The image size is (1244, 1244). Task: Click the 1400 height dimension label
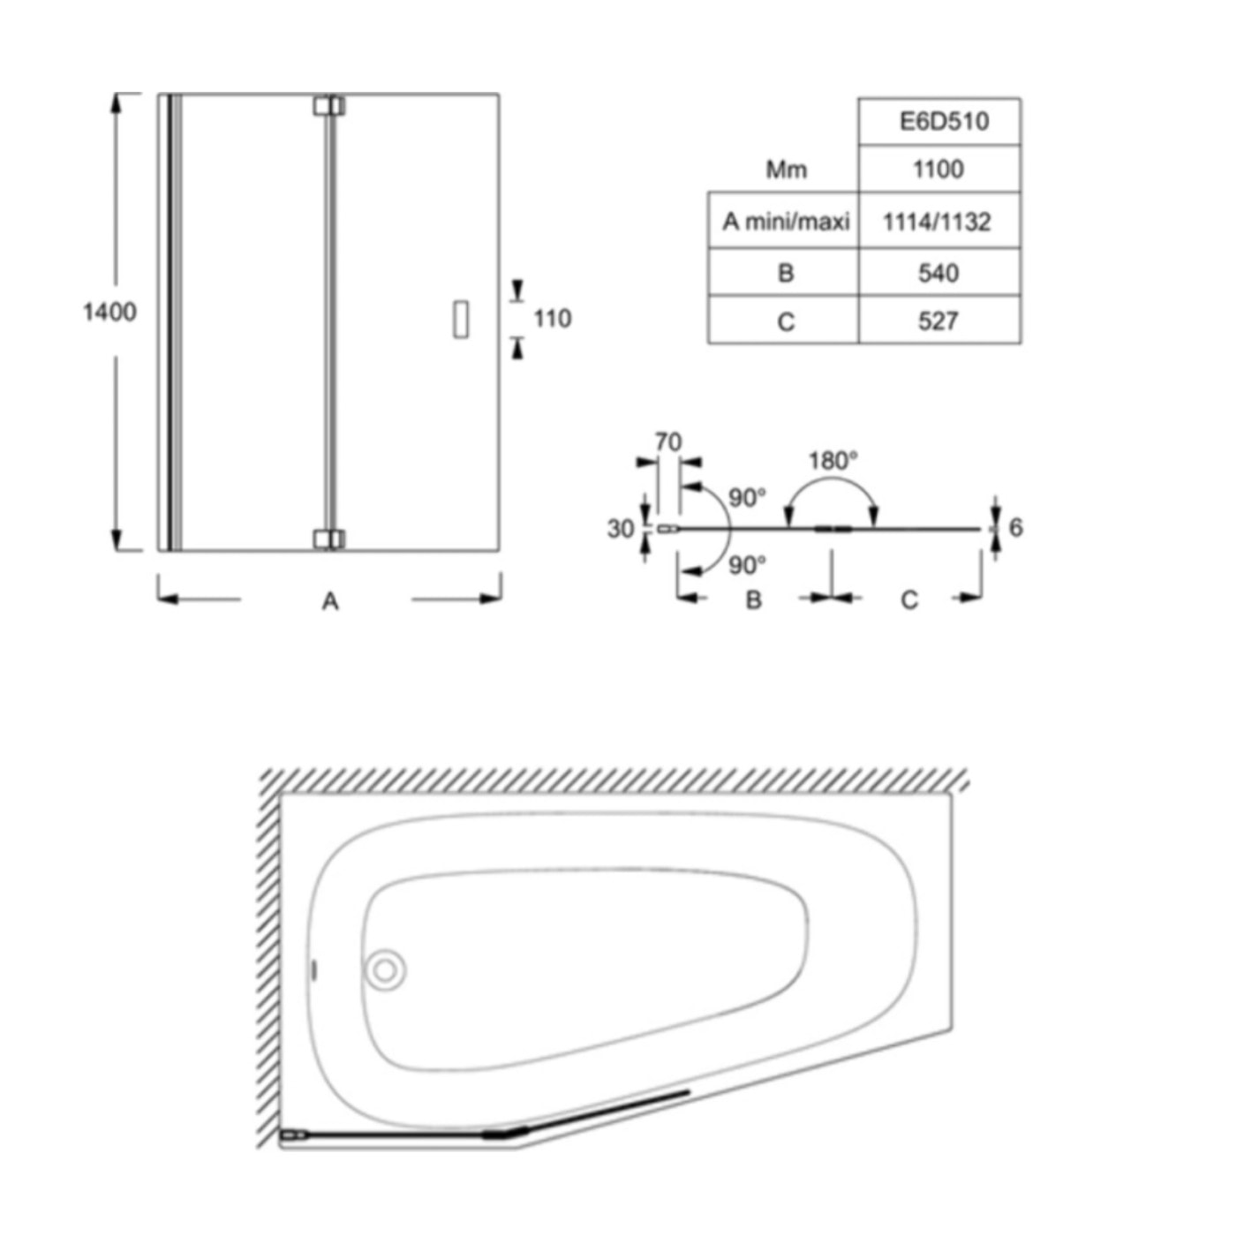(x=109, y=313)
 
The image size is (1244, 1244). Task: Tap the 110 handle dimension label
(x=553, y=319)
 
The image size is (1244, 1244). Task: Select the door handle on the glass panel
(x=461, y=319)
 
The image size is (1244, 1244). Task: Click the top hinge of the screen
(x=329, y=106)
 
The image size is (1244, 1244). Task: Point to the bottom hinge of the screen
(x=329, y=539)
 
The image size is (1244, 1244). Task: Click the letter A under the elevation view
(x=330, y=601)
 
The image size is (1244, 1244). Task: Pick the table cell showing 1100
(x=939, y=169)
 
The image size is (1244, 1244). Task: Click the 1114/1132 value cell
(x=939, y=221)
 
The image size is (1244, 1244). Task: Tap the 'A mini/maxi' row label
(x=786, y=222)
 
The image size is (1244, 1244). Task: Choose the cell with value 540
(x=939, y=273)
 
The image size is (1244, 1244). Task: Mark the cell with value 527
(x=939, y=320)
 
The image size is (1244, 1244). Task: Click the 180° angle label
(x=833, y=461)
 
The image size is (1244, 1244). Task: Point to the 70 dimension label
(x=668, y=442)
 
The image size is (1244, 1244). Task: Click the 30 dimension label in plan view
(x=621, y=530)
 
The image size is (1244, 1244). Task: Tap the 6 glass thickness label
(x=1015, y=528)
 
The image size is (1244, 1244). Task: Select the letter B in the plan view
(x=753, y=600)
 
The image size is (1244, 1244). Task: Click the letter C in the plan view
(x=909, y=600)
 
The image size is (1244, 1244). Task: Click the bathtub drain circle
(x=385, y=988)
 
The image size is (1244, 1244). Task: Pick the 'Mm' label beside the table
(x=786, y=170)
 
